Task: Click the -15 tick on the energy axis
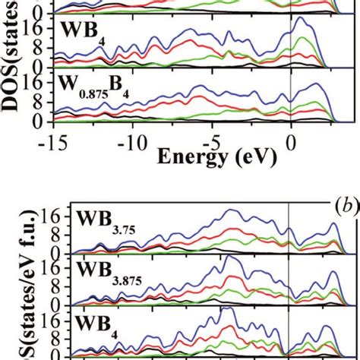(52, 142)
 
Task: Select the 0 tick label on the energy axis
(292, 142)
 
